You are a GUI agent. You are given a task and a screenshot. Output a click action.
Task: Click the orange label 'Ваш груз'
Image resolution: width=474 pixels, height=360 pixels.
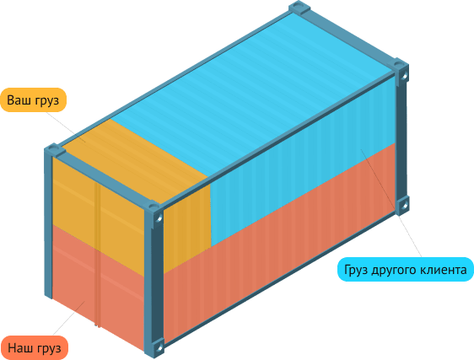(x=33, y=100)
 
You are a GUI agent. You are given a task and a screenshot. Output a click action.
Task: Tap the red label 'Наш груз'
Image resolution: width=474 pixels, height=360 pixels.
(x=35, y=348)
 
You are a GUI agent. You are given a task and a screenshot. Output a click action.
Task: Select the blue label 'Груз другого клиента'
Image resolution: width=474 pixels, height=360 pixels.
(x=406, y=269)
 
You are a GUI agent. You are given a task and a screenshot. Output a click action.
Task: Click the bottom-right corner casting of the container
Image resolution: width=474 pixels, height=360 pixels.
(x=402, y=206)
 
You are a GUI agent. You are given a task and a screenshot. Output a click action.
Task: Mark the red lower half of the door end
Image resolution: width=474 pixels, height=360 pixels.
(x=98, y=287)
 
